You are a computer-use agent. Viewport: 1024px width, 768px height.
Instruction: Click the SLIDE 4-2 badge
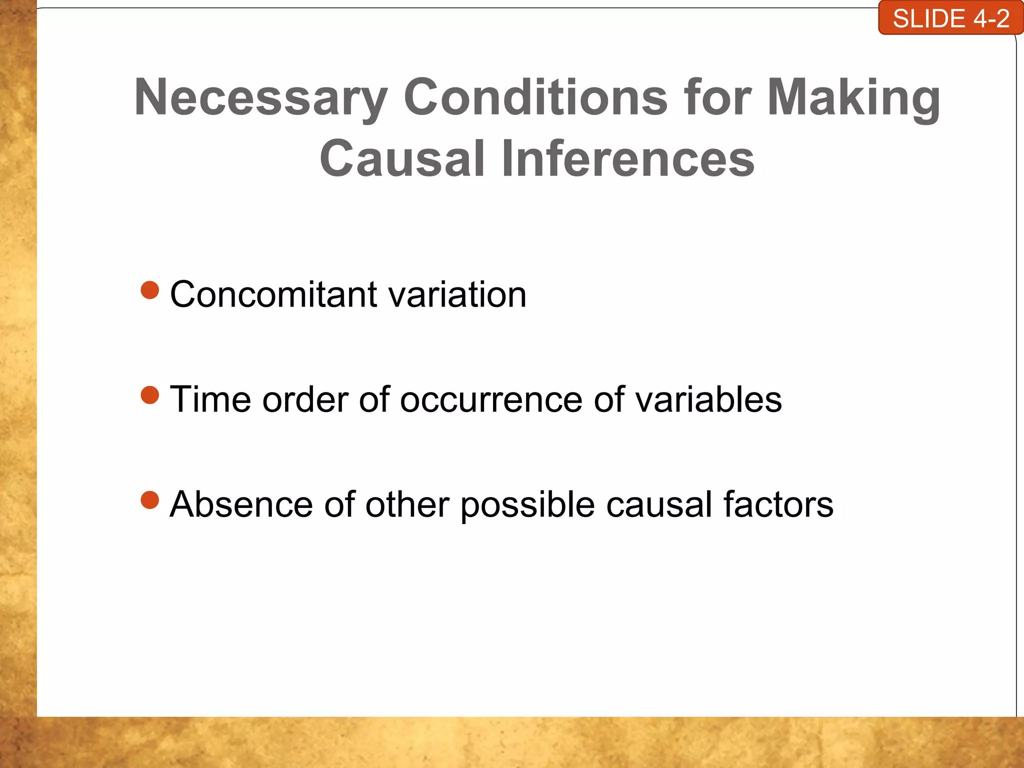pyautogui.click(x=950, y=18)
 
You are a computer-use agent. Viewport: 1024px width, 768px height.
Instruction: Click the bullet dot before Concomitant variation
pyautogui.click(x=150, y=290)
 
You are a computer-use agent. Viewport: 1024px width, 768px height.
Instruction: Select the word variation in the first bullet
pyautogui.click(x=457, y=294)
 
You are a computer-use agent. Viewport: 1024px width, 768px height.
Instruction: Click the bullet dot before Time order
pyautogui.click(x=150, y=395)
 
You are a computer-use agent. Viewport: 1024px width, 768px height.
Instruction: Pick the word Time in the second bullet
pyautogui.click(x=210, y=399)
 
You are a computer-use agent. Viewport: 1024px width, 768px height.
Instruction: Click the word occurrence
pyautogui.click(x=491, y=400)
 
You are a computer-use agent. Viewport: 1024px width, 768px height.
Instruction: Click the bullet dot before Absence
pyautogui.click(x=150, y=499)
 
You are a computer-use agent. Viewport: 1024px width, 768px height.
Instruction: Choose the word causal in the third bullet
pyautogui.click(x=659, y=504)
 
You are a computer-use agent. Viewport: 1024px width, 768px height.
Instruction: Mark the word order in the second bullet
pyautogui.click(x=305, y=400)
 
